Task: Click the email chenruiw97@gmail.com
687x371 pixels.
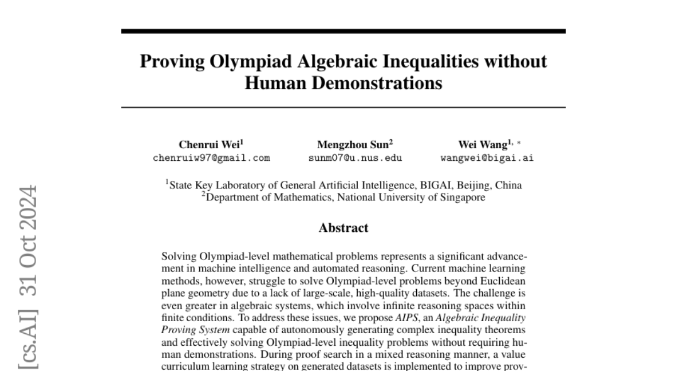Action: coord(211,158)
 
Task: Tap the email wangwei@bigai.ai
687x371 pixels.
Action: coord(487,158)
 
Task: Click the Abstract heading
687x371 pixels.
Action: coord(343,228)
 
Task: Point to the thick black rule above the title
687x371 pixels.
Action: coord(343,31)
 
